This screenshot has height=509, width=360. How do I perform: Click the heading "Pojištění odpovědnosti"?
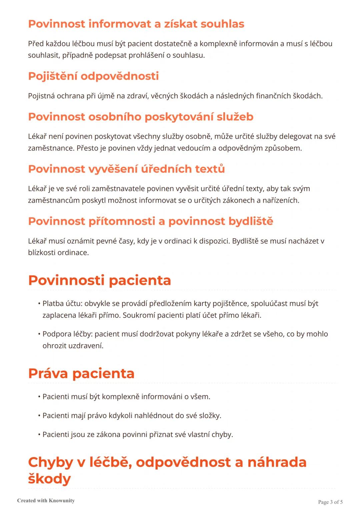pyautogui.click(x=93, y=76)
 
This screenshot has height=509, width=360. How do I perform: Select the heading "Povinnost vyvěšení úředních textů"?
pyautogui.click(x=126, y=169)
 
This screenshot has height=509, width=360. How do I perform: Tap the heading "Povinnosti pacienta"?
pyautogui.click(x=99, y=280)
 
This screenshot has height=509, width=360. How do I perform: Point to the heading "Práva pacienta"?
pyautogui.click(x=81, y=373)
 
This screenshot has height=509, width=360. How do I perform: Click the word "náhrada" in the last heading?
pyautogui.click(x=277, y=462)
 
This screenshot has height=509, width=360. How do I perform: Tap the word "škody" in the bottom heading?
pyautogui.click(x=49, y=479)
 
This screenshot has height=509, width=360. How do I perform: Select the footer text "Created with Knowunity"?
pyautogui.click(x=46, y=500)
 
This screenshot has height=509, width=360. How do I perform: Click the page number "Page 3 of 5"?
pyautogui.click(x=330, y=502)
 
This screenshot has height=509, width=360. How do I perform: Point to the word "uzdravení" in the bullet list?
pyautogui.click(x=86, y=346)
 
